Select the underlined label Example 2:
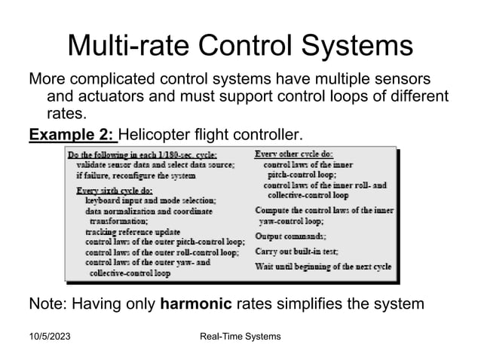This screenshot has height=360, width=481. click(x=72, y=136)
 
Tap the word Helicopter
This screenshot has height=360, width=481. click(x=155, y=136)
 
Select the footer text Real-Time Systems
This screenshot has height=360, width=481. click(x=240, y=336)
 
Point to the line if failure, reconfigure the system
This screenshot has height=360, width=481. click(x=135, y=175)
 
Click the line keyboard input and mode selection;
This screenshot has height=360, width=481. click(x=151, y=201)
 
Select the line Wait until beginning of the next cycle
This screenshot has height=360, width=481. click(x=323, y=267)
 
